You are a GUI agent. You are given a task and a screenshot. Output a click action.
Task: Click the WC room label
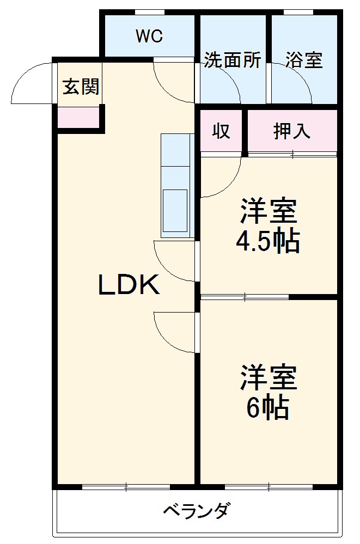(x=149, y=36)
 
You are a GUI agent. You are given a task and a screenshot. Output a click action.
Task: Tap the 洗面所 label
(x=232, y=60)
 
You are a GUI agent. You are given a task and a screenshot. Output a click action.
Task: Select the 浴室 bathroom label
(x=304, y=60)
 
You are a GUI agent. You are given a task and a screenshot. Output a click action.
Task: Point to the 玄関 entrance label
(x=81, y=87)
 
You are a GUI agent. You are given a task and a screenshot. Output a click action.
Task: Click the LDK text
(x=129, y=285)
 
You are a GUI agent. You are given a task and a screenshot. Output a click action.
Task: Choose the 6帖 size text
(x=267, y=408)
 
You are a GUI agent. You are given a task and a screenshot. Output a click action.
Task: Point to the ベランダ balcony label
(x=197, y=511)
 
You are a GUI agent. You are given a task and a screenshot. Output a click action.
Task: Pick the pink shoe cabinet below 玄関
(x=78, y=117)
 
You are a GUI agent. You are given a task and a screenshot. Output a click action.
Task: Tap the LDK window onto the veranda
(x=126, y=486)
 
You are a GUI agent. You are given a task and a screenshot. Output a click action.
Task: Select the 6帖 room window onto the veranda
(x=269, y=486)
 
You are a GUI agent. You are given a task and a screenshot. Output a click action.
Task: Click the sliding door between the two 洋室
(x=245, y=297)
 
